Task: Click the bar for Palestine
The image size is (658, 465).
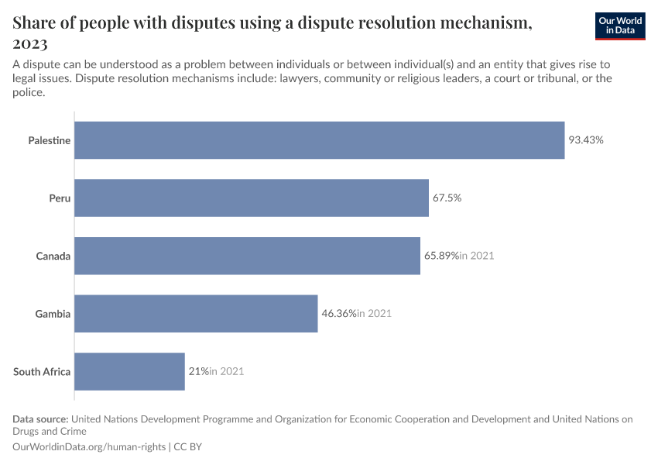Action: tap(320, 140)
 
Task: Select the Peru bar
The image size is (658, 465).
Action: tap(252, 198)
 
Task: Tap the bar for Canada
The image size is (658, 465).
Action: tap(248, 256)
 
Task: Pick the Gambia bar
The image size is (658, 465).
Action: tap(196, 314)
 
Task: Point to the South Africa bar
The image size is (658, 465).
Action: tap(130, 371)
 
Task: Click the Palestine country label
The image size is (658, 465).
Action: tap(50, 140)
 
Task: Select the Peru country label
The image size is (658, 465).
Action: tap(60, 198)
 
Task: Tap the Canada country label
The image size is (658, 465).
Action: tap(53, 256)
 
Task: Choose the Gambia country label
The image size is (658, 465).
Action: tap(53, 314)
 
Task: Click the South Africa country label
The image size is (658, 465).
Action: tap(42, 371)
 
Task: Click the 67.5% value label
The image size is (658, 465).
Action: tap(447, 198)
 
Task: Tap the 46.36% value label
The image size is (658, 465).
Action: tap(339, 314)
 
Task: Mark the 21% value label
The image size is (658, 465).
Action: tap(198, 371)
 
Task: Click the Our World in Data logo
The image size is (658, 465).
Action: tap(620, 26)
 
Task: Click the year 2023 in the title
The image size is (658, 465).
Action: tap(30, 43)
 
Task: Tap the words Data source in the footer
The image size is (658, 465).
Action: tap(40, 419)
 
